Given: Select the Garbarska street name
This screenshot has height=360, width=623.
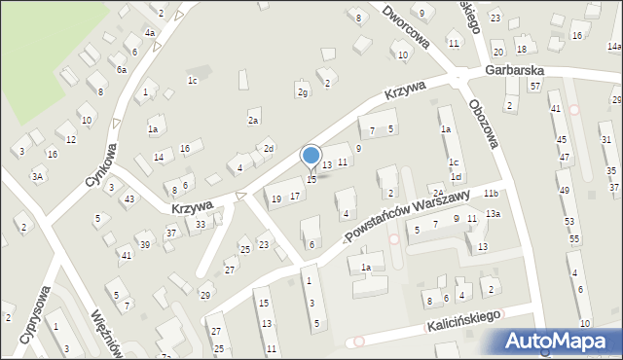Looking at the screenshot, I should [515, 71].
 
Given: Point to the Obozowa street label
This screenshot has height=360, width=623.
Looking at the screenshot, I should [483, 123].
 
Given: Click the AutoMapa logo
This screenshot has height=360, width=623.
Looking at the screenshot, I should [563, 341].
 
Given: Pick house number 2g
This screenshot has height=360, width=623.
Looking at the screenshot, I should [303, 92].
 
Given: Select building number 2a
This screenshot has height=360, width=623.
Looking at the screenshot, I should [252, 120].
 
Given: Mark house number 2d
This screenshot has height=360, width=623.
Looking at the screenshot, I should [268, 148].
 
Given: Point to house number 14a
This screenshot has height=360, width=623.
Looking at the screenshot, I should [614, 46].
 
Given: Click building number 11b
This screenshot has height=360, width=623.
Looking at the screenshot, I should [492, 195].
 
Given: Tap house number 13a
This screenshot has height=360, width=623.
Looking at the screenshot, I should [493, 214].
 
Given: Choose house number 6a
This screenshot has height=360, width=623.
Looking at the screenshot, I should [122, 70].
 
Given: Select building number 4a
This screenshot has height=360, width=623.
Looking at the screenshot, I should [151, 33].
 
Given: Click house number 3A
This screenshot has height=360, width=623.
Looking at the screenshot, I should [37, 176].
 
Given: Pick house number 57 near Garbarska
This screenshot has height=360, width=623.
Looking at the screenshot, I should [535, 87].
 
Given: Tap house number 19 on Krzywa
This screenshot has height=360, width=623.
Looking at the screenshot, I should [276, 198].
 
